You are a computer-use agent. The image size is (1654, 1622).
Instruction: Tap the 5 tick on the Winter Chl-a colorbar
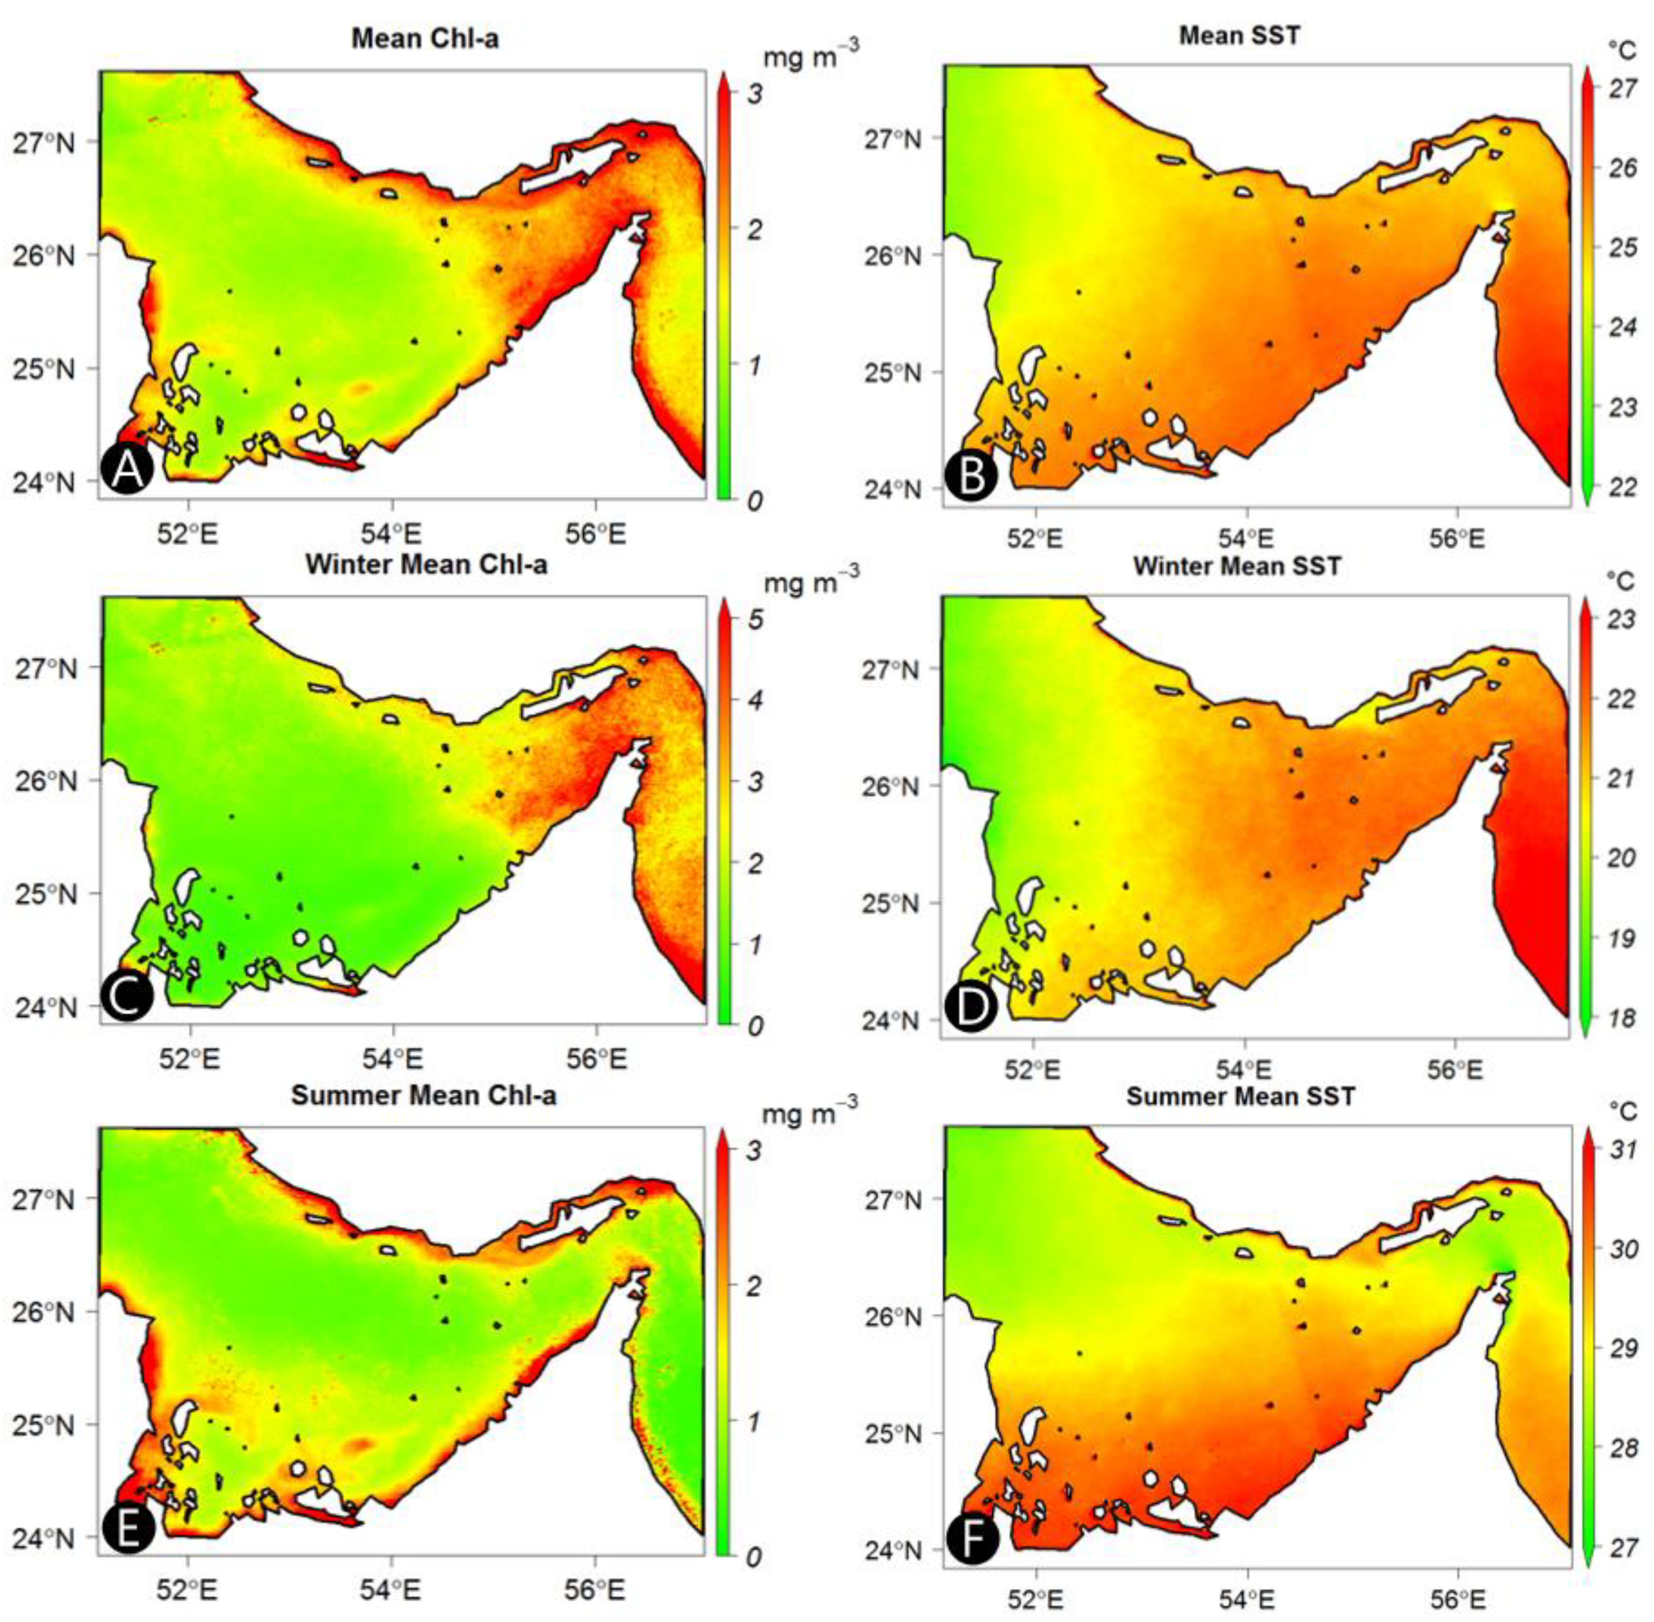pyautogui.click(x=755, y=620)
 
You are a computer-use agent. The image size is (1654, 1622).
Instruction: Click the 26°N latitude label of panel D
pyautogui.click(x=892, y=785)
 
